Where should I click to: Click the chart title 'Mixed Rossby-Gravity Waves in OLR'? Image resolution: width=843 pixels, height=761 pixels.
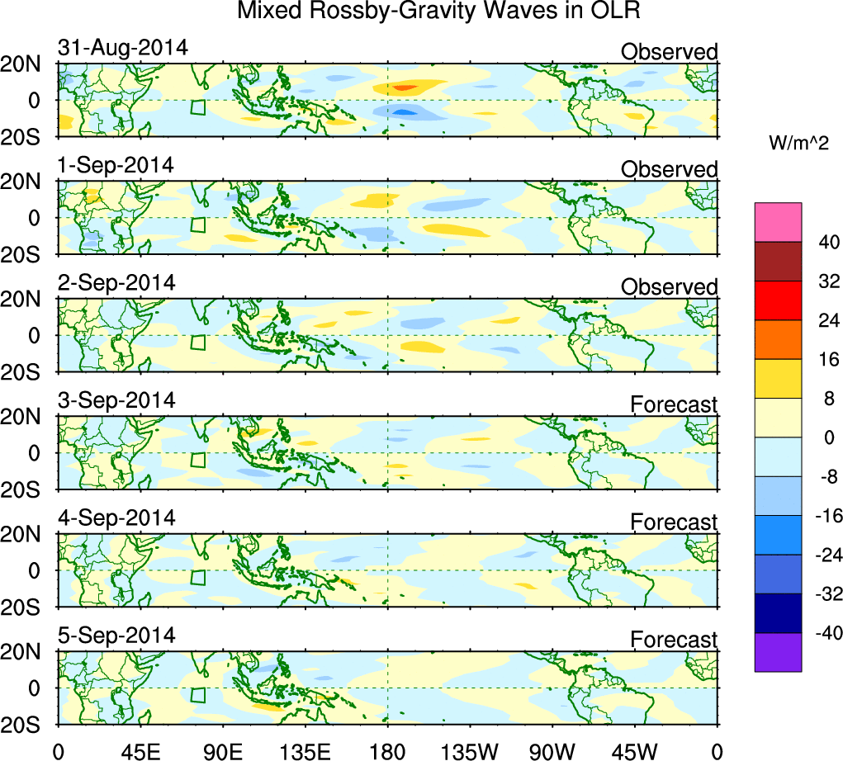(439, 12)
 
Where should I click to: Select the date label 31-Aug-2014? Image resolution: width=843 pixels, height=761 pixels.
(123, 48)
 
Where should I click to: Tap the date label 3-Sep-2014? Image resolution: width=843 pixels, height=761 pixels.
(116, 400)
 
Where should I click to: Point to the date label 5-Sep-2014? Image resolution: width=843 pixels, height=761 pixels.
(116, 636)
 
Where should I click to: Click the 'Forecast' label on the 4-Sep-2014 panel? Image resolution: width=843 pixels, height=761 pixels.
(674, 522)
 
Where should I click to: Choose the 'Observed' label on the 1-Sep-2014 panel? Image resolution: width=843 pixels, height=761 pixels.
(669, 169)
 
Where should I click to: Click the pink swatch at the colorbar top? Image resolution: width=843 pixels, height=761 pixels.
(778, 221)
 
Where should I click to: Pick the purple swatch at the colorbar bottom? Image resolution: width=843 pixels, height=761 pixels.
(778, 652)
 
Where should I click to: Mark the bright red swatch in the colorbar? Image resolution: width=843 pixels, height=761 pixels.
(778, 300)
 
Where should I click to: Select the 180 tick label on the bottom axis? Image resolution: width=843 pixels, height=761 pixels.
(387, 751)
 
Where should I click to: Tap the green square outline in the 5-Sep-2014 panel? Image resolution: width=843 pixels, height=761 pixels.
(197, 695)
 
